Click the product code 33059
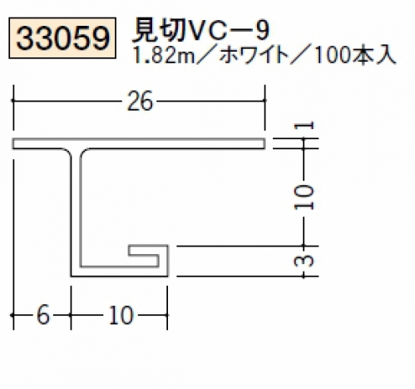coord(62,38)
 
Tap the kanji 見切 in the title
coord(159,31)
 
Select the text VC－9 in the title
coord(227,31)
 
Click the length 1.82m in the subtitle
coord(164,56)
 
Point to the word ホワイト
coord(254,56)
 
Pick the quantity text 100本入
coord(354,56)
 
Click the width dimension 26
coord(140,101)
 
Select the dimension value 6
coord(43,315)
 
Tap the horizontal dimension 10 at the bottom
coord(121,315)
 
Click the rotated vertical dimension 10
coord(304,197)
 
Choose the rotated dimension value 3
coord(304,262)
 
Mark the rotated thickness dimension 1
coord(304,126)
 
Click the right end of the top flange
coord(264,143)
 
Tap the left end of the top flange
coord(13,143)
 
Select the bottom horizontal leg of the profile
coord(119,272)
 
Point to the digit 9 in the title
coord(262,31)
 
